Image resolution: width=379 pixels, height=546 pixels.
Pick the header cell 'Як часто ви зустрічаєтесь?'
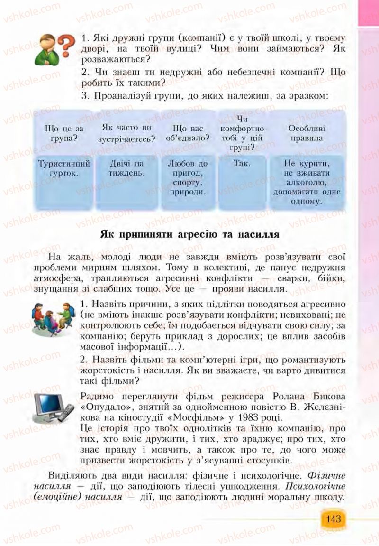(126, 133)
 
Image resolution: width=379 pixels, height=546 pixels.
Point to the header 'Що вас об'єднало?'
(188, 133)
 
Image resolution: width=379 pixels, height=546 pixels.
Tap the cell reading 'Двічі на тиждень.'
(126, 167)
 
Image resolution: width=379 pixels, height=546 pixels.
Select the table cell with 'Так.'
(242, 163)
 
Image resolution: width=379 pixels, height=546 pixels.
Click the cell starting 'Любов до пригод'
(188, 177)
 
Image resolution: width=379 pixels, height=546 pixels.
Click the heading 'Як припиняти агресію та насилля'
(189, 234)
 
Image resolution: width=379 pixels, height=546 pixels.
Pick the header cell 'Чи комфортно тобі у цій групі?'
(242, 133)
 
